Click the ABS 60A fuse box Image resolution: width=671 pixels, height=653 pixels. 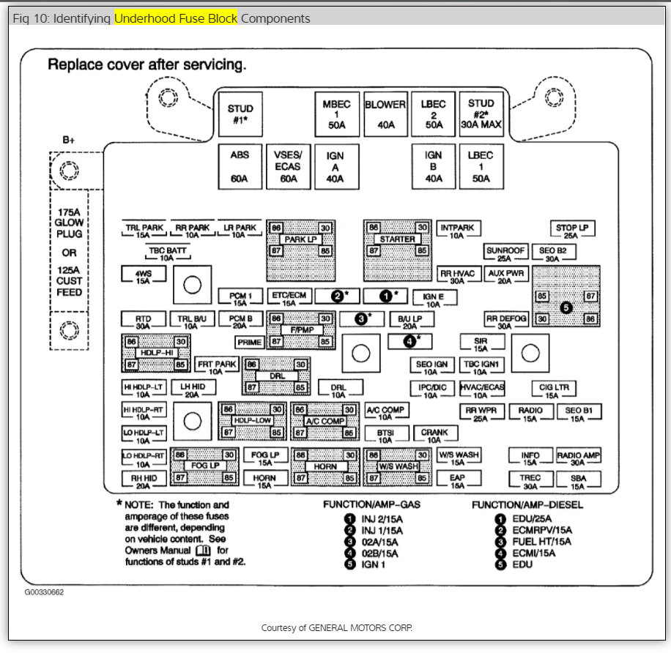click(240, 166)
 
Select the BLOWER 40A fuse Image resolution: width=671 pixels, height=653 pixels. click(385, 114)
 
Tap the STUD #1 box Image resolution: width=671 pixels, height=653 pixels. click(240, 114)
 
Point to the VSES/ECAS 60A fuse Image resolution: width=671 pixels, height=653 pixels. click(288, 166)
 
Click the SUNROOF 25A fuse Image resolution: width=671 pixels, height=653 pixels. click(505, 253)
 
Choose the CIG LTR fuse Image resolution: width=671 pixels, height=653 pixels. click(554, 389)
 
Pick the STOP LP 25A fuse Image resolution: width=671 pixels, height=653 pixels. click(572, 231)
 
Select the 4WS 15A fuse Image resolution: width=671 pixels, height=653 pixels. click(143, 275)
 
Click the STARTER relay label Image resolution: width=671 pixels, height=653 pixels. click(398, 239)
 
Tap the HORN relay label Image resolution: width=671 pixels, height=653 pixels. click(326, 466)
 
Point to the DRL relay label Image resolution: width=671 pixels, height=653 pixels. click(277, 376)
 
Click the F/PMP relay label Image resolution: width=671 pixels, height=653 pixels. click(301, 330)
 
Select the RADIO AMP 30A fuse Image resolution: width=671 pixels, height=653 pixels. click(578, 458)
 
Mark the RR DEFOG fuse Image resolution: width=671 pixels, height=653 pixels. click(506, 321)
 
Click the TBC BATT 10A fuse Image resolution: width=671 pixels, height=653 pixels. click(167, 253)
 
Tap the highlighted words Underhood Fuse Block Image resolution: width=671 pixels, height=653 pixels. click(176, 18)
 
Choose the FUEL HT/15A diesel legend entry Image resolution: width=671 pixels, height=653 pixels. click(532, 541)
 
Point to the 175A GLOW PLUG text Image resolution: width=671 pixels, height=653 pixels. click(70, 223)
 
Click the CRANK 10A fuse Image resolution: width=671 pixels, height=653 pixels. click(434, 435)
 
